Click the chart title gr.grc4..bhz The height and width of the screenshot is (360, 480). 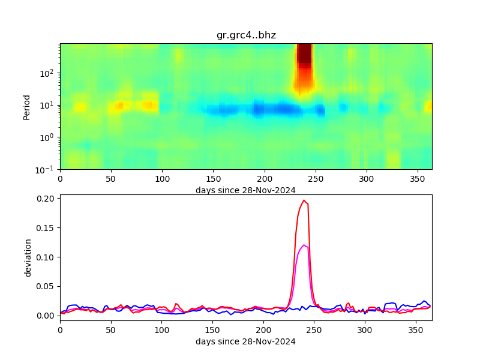tap(246, 35)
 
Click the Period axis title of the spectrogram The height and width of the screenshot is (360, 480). tap(26, 106)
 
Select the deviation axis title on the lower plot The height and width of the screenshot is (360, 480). tap(28, 257)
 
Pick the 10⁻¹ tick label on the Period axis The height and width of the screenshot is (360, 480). tap(47, 169)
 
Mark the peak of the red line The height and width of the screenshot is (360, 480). tap(304, 200)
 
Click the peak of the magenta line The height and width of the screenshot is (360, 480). tap(304, 245)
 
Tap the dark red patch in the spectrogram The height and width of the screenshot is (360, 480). tap(304, 54)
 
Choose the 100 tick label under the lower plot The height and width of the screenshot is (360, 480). tap(162, 331)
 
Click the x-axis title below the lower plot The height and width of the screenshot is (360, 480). tap(245, 341)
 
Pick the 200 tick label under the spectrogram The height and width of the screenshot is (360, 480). tap(264, 179)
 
